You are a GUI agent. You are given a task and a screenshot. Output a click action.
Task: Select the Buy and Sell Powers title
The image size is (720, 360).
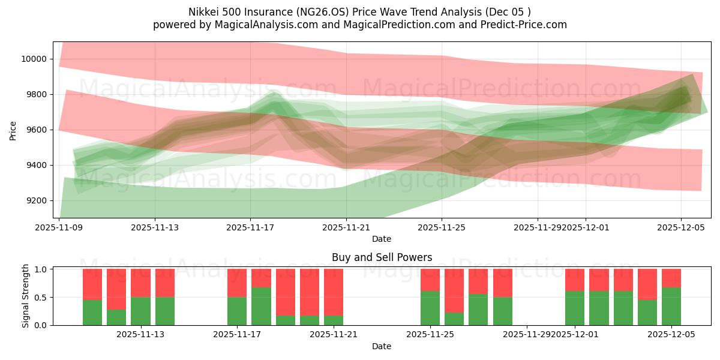tap(382, 257)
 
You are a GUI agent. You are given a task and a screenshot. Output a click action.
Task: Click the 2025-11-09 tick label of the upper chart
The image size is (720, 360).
tap(59, 227)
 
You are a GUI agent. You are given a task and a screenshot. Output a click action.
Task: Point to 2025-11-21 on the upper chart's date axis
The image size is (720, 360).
tap(346, 227)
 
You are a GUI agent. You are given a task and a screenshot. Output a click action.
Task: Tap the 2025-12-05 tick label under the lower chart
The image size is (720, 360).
tap(671, 335)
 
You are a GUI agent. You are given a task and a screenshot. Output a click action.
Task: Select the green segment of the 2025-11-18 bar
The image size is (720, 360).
tap(261, 306)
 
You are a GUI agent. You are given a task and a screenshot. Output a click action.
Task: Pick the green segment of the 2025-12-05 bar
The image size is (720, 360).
tap(671, 306)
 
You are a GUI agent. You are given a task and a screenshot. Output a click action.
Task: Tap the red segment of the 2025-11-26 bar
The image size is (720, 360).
tap(454, 290)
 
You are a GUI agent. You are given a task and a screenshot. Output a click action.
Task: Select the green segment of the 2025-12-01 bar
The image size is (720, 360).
tap(575, 308)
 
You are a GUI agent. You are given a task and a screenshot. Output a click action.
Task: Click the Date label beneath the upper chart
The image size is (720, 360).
tap(382, 239)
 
